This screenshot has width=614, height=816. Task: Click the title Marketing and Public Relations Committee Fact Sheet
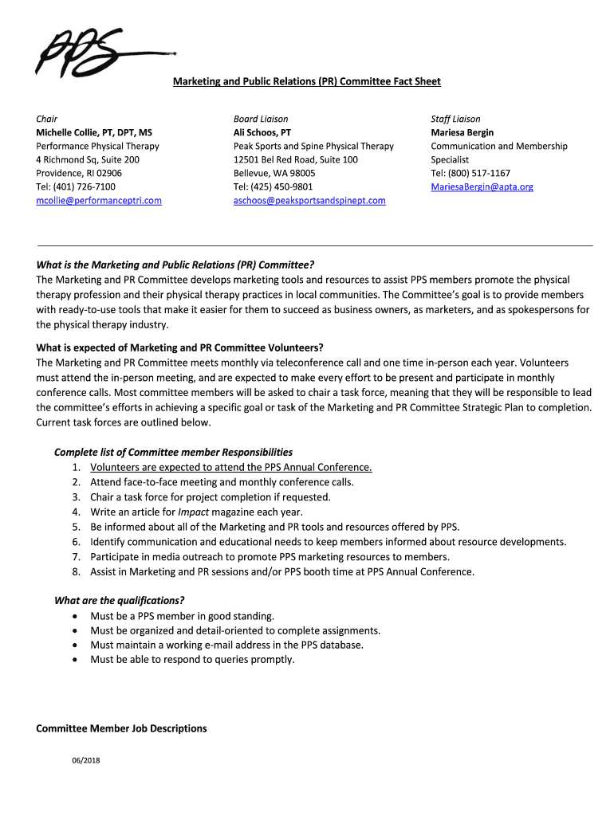(x=307, y=81)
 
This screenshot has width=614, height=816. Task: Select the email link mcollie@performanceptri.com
(x=99, y=201)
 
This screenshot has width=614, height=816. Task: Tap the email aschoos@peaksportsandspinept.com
(x=309, y=201)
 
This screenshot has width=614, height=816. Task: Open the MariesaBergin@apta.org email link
(x=482, y=187)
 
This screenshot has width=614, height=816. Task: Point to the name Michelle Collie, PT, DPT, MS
(x=94, y=132)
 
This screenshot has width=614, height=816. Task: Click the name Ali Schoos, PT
(x=262, y=132)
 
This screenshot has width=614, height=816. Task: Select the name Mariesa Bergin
(x=462, y=132)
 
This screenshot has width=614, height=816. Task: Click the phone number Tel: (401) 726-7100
(x=76, y=187)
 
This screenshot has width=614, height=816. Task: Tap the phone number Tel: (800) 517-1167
(x=470, y=174)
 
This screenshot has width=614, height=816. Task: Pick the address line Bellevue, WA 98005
(x=274, y=174)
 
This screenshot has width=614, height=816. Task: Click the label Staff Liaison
(x=455, y=119)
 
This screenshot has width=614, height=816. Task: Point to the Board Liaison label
(x=261, y=119)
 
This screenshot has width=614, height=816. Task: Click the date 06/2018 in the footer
(x=85, y=759)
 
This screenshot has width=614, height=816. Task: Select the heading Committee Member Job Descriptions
(x=121, y=728)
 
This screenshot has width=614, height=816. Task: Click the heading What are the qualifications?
(x=119, y=601)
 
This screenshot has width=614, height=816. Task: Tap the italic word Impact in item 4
(x=194, y=512)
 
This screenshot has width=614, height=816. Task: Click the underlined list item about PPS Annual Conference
(x=231, y=468)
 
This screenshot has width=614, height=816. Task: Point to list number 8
(x=76, y=571)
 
